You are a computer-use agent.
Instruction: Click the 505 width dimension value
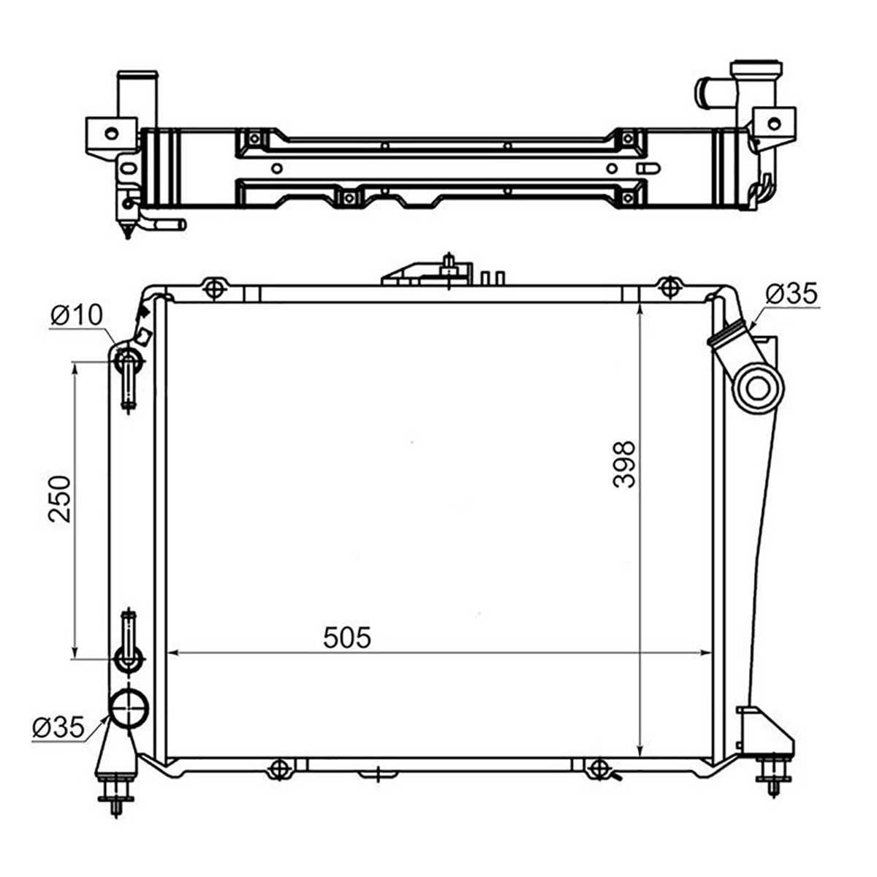click(x=347, y=637)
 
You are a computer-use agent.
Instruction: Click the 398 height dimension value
click(x=624, y=464)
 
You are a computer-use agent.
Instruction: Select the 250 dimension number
click(x=60, y=499)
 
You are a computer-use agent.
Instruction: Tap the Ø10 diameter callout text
click(x=77, y=314)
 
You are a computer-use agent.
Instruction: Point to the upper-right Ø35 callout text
click(x=791, y=294)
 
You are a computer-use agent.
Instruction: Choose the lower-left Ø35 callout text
click(x=58, y=726)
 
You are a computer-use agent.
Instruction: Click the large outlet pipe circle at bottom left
click(x=129, y=710)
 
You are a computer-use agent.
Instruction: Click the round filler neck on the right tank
click(x=759, y=389)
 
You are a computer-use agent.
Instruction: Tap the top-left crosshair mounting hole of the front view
click(x=214, y=288)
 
